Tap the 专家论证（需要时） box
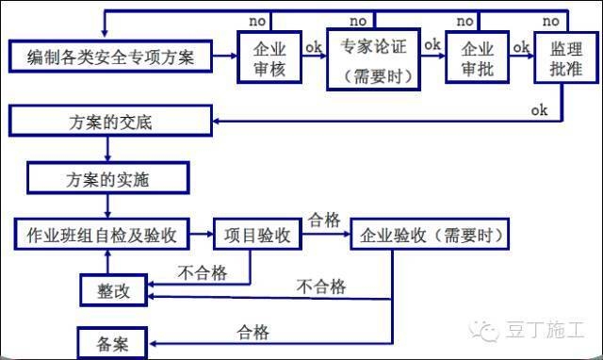[372, 58]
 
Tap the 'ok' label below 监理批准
[539, 110]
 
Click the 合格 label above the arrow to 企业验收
[324, 220]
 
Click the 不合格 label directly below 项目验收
[202, 273]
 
